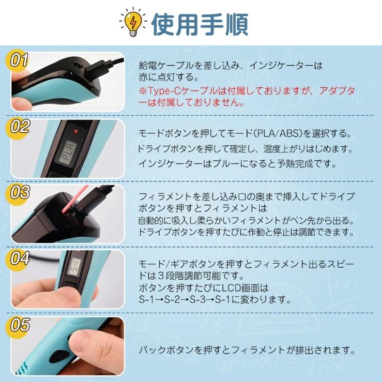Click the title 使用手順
[x=200, y=24]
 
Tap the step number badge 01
[x=19, y=60]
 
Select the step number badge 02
[x=19, y=127]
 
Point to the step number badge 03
[x=19, y=192]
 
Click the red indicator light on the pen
[x=76, y=131]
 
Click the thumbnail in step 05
[x=68, y=346]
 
